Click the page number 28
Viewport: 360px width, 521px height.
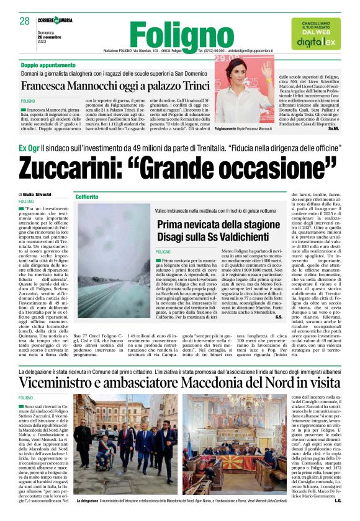tap(24, 21)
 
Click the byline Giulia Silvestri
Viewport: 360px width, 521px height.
tap(40, 194)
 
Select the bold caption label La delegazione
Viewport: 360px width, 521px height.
tap(85, 501)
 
